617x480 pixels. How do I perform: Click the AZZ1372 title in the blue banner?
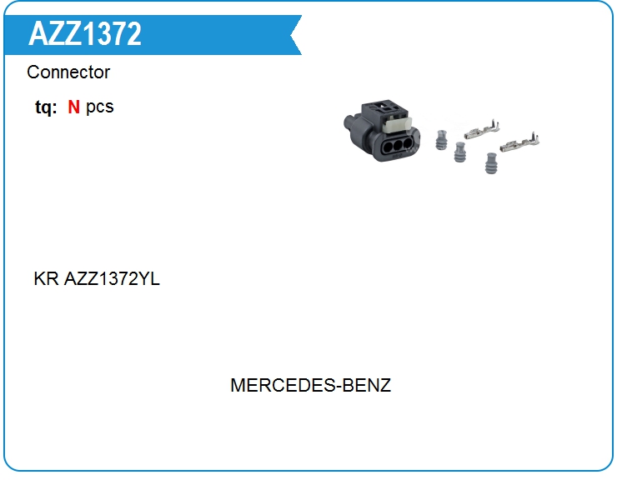(84, 34)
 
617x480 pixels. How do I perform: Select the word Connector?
(68, 72)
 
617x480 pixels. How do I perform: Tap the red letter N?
(73, 107)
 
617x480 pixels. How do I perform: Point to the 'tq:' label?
(46, 107)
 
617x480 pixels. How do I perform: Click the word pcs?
(100, 107)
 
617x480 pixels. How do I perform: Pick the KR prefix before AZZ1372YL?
(46, 279)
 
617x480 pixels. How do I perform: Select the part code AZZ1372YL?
(112, 279)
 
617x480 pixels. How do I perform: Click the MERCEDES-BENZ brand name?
(310, 385)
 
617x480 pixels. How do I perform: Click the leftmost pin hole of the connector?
(389, 147)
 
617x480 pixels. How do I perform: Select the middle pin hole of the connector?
(399, 145)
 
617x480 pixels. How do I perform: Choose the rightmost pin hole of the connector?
(408, 143)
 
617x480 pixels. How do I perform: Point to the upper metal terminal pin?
(482, 130)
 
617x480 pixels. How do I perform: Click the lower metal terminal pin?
(519, 142)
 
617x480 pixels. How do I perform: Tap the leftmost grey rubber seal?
(442, 140)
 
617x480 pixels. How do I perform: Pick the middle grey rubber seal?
(459, 152)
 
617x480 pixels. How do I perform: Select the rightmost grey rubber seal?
(491, 162)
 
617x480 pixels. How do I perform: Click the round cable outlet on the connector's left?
(349, 122)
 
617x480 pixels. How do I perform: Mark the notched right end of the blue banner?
(296, 35)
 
